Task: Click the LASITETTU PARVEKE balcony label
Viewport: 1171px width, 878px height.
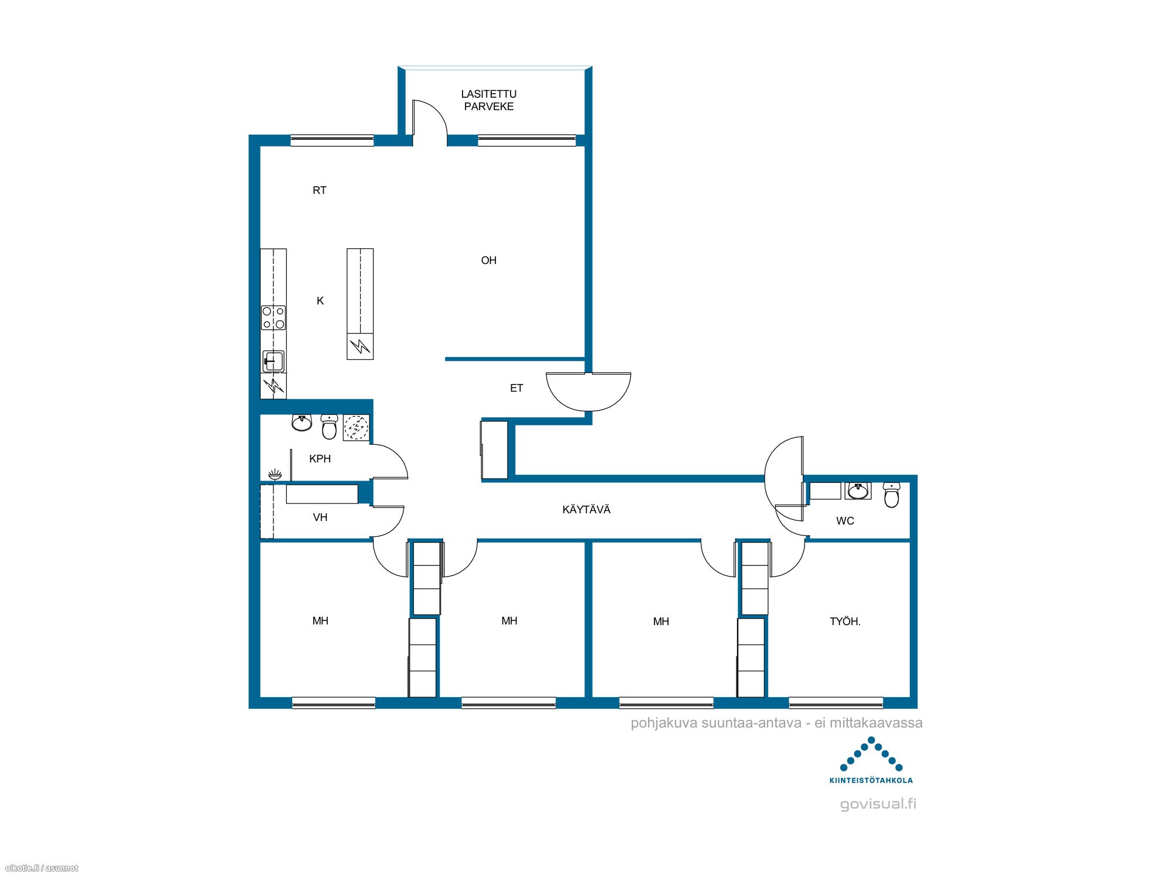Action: click(488, 100)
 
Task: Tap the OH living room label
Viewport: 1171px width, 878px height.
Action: click(488, 260)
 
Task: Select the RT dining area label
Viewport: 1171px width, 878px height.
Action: click(319, 190)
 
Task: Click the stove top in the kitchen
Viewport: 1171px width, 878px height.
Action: click(273, 318)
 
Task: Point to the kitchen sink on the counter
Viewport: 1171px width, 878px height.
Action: click(273, 361)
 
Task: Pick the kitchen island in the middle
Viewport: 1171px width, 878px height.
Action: click(360, 304)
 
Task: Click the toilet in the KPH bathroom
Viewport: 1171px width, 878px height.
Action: click(329, 427)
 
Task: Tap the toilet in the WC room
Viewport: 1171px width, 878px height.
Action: click(891, 495)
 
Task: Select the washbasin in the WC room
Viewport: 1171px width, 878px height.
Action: click(858, 491)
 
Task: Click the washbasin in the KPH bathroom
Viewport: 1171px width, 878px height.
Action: click(302, 423)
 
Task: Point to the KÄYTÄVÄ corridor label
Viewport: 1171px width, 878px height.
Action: click(586, 510)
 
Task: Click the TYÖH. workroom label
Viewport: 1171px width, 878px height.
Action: click(845, 622)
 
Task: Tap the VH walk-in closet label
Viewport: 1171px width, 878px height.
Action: click(320, 517)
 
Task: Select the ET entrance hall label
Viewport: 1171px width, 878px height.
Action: click(516, 388)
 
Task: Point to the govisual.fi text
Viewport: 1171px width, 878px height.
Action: click(878, 804)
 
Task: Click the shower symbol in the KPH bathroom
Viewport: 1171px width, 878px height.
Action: click(275, 474)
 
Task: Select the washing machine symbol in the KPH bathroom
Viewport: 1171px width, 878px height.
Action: click(355, 427)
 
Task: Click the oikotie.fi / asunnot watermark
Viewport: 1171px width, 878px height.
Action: click(41, 868)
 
